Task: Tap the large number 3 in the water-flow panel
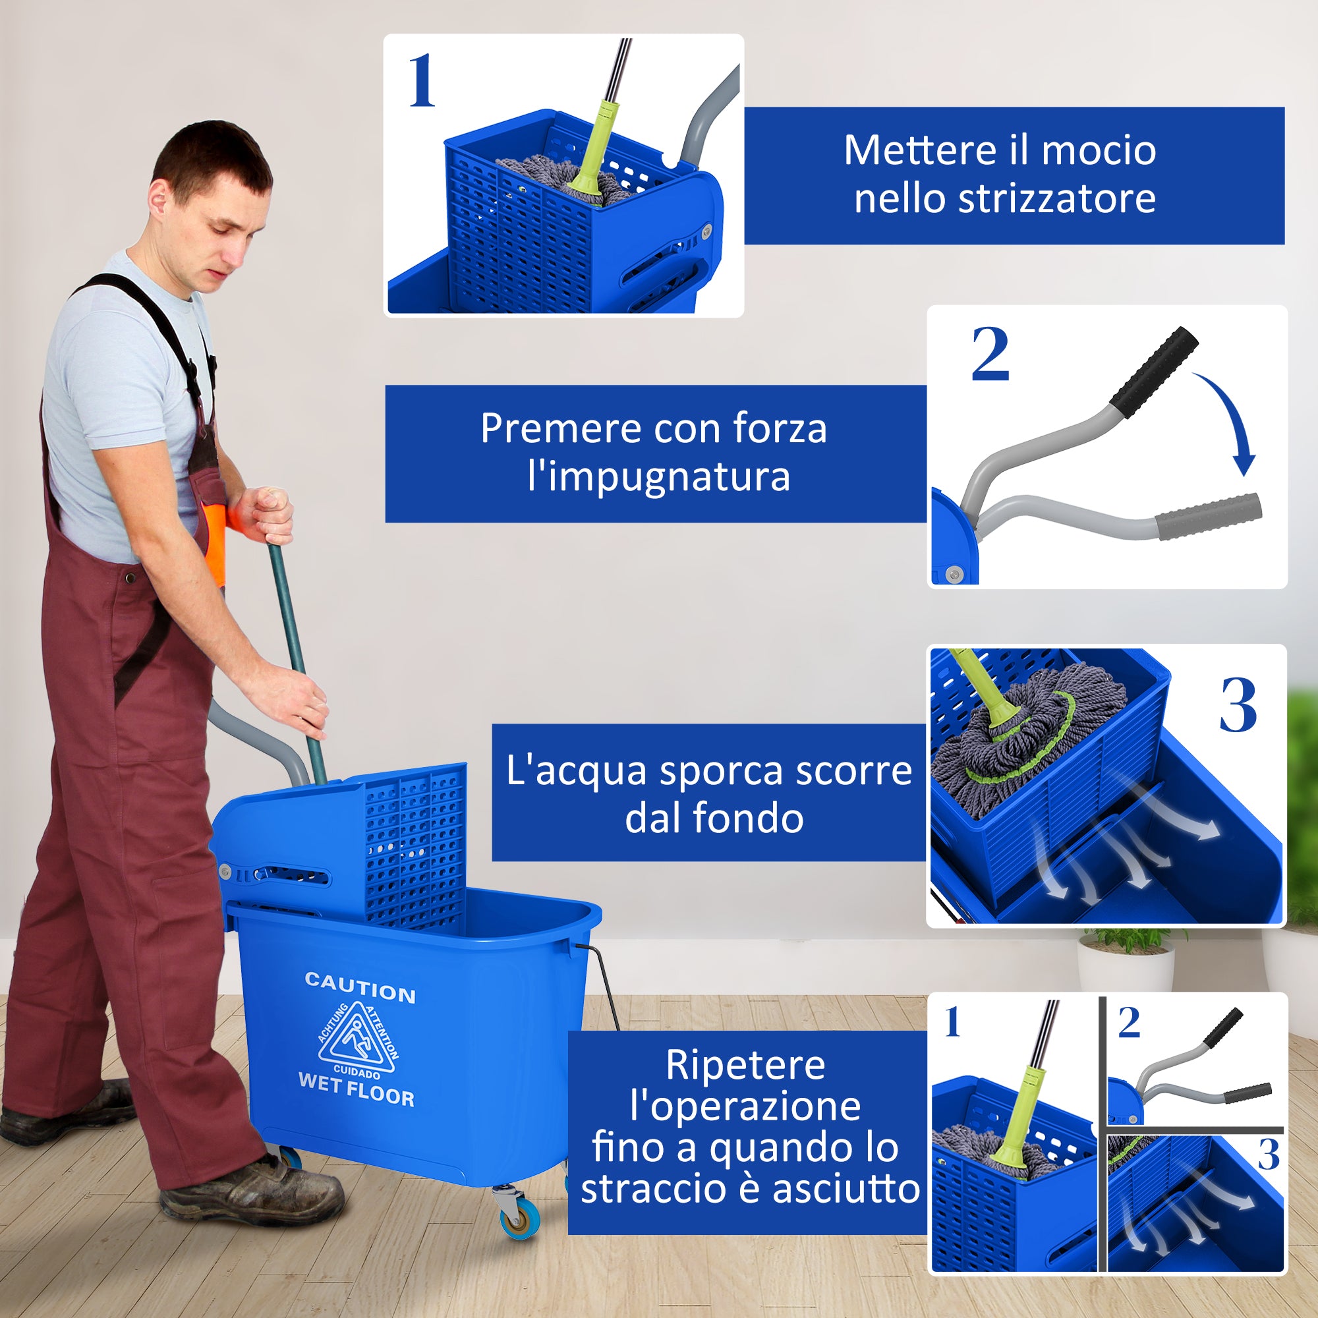coord(1238,705)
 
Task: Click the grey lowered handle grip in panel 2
coord(1208,517)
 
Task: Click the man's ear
coord(158,198)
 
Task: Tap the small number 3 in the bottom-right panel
coord(1267,1155)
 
